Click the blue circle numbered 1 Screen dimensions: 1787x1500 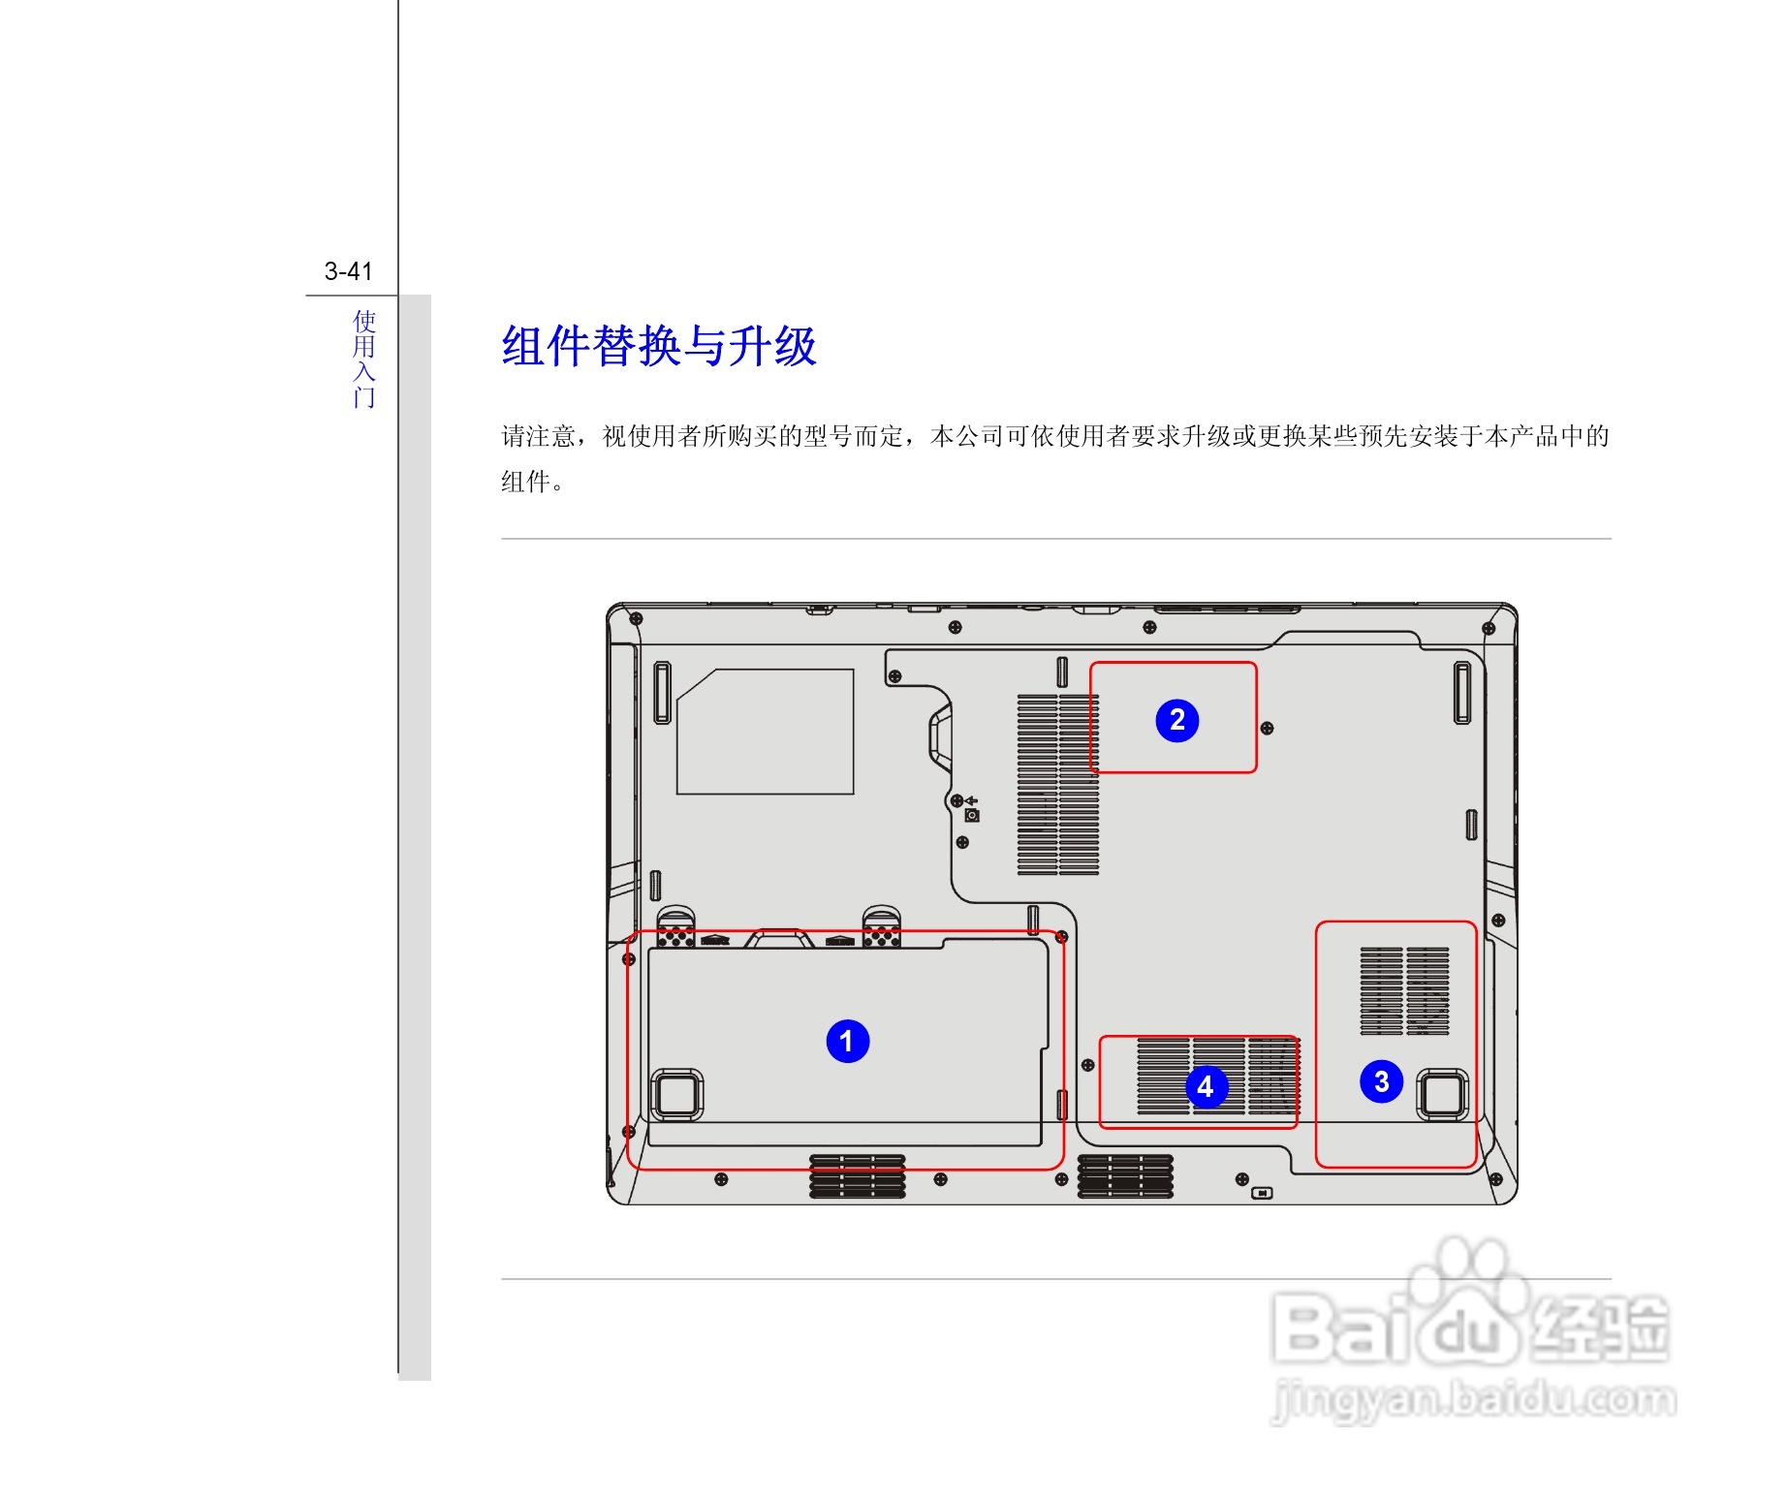(847, 1041)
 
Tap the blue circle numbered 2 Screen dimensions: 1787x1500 (1176, 720)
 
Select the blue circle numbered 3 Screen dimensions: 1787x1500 (1381, 1081)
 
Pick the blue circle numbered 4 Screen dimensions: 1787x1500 (1206, 1086)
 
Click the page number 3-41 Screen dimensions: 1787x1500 (348, 271)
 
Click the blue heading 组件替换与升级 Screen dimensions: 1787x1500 (659, 346)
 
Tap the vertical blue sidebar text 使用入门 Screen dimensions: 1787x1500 (363, 359)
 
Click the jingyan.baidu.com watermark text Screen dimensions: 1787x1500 (1473, 1400)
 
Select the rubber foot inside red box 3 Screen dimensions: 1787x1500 (1442, 1094)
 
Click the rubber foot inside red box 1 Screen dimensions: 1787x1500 (676, 1095)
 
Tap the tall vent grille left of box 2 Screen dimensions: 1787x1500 (1057, 785)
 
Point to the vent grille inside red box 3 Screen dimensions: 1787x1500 (1404, 990)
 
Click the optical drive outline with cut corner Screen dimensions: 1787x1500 (765, 732)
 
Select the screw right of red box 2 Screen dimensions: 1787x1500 (1267, 728)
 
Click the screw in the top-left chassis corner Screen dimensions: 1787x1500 (636, 617)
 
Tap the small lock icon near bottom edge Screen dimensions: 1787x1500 (1262, 1193)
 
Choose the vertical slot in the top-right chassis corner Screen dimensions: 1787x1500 (1461, 692)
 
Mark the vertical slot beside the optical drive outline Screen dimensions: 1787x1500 (662, 692)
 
